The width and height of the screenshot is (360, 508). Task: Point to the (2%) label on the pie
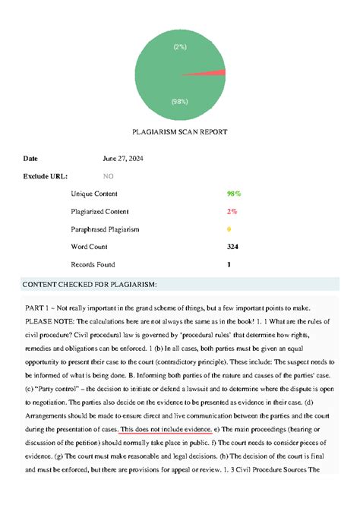click(180, 46)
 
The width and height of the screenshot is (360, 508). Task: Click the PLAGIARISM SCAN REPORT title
click(180, 132)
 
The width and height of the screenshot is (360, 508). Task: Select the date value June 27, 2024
click(123, 159)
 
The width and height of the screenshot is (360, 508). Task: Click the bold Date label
click(30, 159)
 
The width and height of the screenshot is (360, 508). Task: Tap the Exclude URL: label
click(44, 176)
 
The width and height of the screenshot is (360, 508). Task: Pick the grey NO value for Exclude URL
click(108, 176)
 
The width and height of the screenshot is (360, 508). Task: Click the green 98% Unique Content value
click(234, 194)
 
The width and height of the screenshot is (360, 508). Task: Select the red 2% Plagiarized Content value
click(232, 212)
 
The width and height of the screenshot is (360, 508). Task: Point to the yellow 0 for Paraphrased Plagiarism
click(229, 229)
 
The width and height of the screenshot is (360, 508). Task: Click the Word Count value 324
click(232, 247)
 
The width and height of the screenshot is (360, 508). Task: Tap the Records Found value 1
click(229, 264)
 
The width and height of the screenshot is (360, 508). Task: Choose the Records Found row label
click(93, 264)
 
